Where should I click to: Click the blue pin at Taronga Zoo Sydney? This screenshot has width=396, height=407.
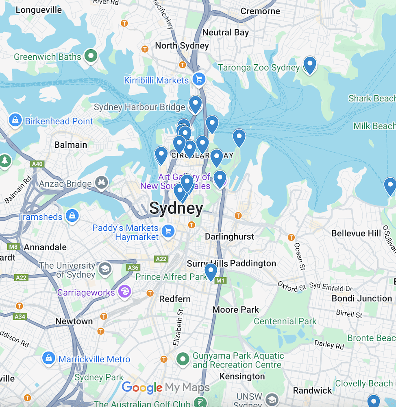310,65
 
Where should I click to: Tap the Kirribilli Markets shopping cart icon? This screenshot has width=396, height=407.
198,79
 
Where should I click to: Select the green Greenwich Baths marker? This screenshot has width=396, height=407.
91,56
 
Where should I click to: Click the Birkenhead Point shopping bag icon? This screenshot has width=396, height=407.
15,120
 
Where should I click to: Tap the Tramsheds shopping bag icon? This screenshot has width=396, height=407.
72,216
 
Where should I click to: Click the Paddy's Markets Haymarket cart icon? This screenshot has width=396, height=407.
168,232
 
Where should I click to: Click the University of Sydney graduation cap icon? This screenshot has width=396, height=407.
105,269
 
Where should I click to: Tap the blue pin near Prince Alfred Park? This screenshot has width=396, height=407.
211,271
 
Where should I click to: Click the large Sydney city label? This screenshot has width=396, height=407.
176,208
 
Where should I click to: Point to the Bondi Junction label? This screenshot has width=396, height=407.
361,298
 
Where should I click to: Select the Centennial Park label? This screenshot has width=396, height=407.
285,321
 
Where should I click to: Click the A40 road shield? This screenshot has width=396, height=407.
37,164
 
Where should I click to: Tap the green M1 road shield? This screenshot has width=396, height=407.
221,281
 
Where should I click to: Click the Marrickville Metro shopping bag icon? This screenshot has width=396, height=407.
49,359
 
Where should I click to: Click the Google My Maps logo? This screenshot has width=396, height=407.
165,387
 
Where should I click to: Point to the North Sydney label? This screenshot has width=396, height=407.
182,46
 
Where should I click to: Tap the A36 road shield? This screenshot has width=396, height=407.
133,267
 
